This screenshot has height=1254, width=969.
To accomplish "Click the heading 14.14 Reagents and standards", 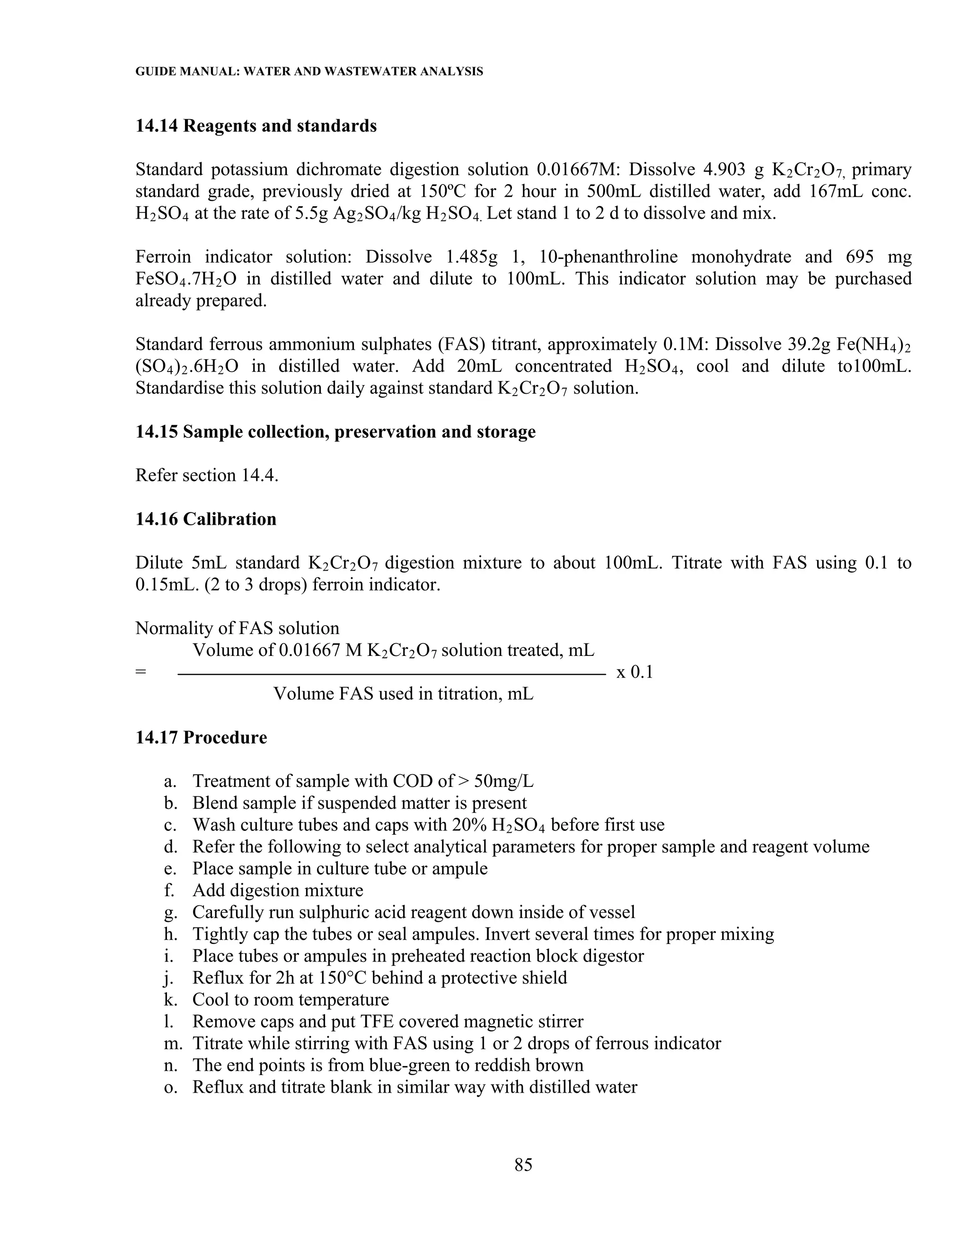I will click(x=256, y=126).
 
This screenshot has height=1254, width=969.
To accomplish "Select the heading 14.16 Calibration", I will click(x=205, y=519).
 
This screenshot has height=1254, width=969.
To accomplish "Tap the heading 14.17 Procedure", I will click(x=201, y=737).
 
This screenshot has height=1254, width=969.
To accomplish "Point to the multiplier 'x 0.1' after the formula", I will click(x=634, y=672).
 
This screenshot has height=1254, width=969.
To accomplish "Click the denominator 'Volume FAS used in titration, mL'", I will click(x=403, y=694).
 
